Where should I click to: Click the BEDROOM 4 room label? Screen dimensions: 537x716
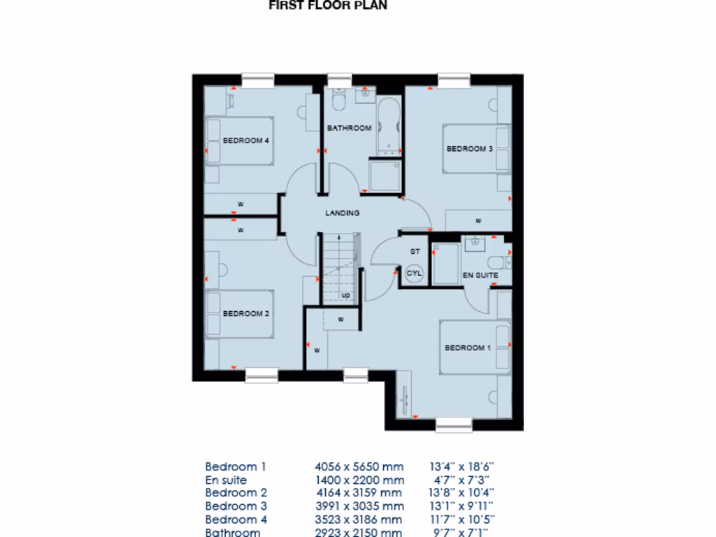coord(246,141)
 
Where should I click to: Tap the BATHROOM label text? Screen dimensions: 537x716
coord(349,128)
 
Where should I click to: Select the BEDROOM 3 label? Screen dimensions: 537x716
coord(470,149)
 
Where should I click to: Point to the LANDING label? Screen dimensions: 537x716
coord(343,213)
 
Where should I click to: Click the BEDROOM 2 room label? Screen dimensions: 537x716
coord(246,314)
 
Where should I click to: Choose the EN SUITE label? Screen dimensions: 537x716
coord(480,275)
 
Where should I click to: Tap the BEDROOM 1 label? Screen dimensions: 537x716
coord(468,348)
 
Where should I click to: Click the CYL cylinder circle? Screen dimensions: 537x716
coord(414,273)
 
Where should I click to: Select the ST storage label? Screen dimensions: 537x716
coord(414,251)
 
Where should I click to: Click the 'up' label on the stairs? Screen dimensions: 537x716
coord(345,296)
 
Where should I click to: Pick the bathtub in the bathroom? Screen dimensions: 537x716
coord(388,126)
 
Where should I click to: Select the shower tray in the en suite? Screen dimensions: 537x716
coord(445,264)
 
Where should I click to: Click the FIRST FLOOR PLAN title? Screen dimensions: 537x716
coord(328,6)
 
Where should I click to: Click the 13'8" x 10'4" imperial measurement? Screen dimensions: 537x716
coord(462,493)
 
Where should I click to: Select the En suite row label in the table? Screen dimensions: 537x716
coord(226,480)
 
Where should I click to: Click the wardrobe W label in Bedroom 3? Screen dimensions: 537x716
coord(478,220)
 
